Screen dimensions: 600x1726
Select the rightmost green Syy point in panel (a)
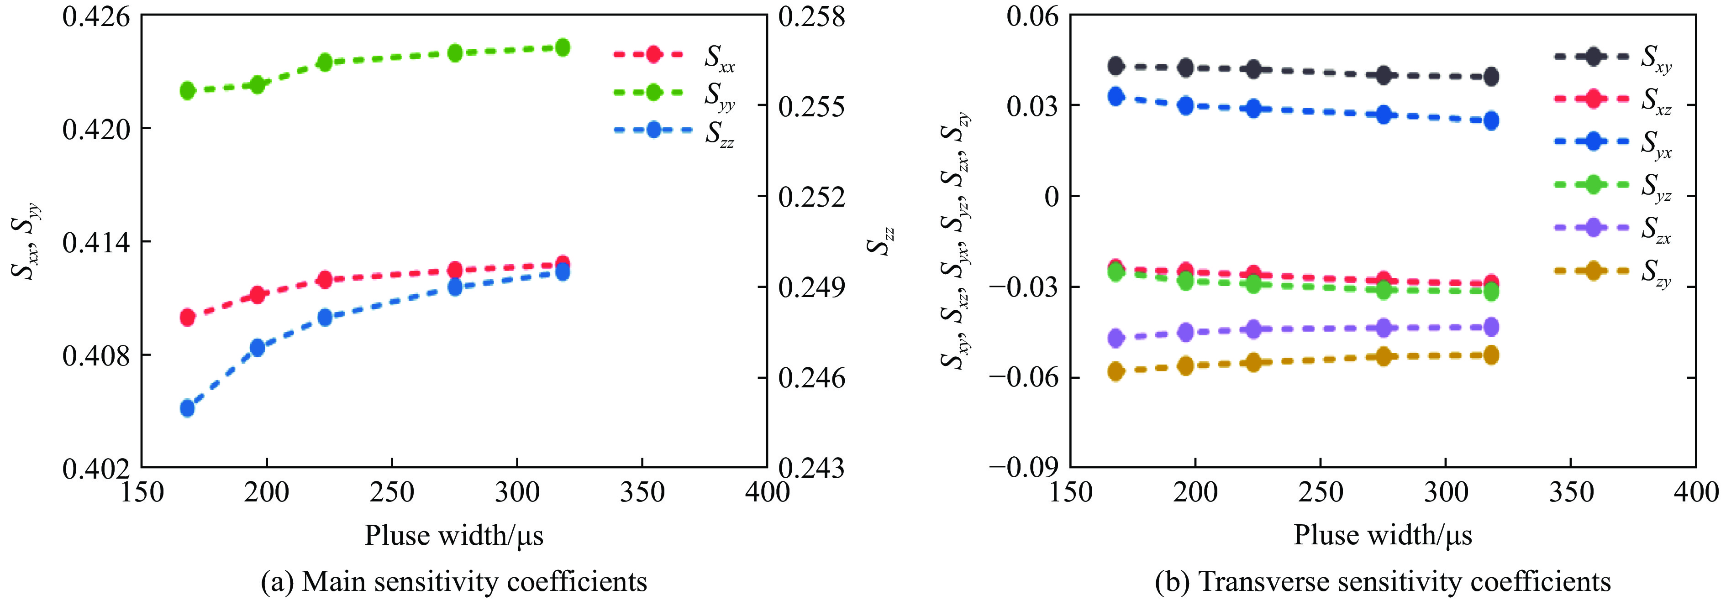(563, 47)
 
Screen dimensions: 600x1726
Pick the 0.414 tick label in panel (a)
(96, 242)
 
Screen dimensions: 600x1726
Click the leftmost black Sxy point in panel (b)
(1116, 66)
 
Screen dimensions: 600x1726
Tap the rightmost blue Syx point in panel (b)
(1491, 120)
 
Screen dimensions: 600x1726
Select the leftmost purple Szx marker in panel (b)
(1116, 338)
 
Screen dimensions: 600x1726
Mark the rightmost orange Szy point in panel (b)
(1491, 355)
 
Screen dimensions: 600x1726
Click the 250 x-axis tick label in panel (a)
(392, 492)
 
